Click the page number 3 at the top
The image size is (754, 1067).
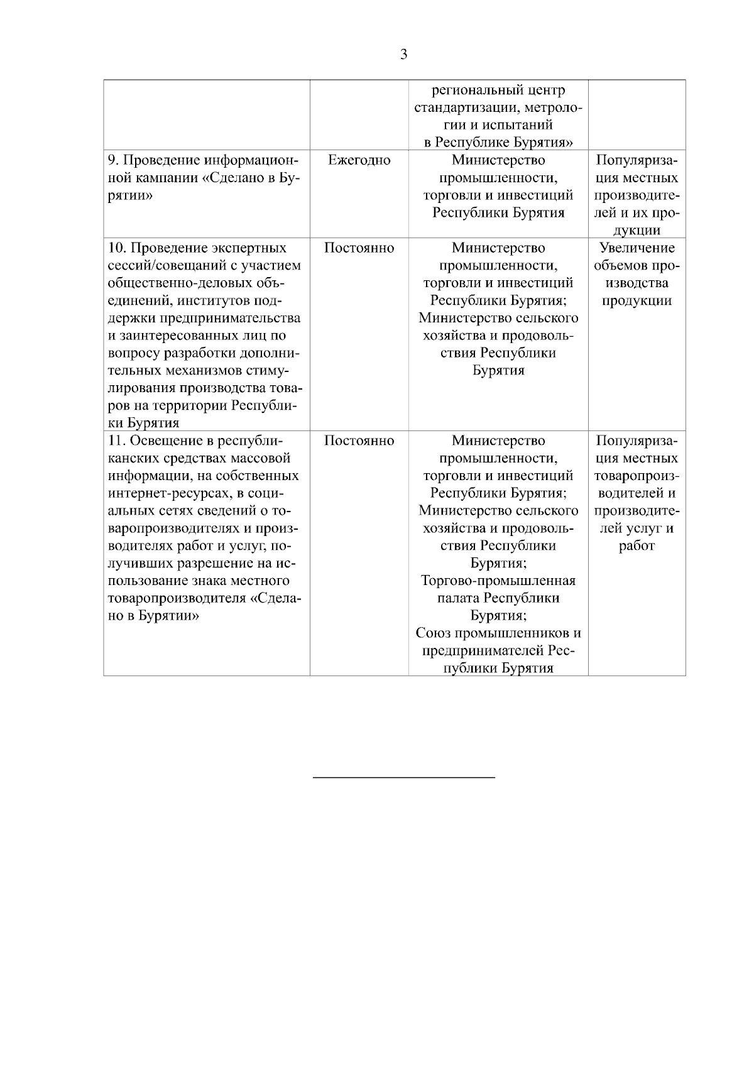point(403,54)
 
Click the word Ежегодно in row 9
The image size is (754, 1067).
point(359,160)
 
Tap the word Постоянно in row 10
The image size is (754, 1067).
point(359,248)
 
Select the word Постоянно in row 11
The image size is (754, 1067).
point(359,441)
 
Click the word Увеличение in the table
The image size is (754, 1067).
point(637,248)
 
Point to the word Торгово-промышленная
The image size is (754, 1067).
point(498,581)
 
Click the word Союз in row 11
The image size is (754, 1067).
point(433,633)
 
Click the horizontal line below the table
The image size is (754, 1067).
point(404,778)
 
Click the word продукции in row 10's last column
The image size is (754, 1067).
point(637,300)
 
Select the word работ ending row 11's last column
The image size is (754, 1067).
point(637,545)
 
